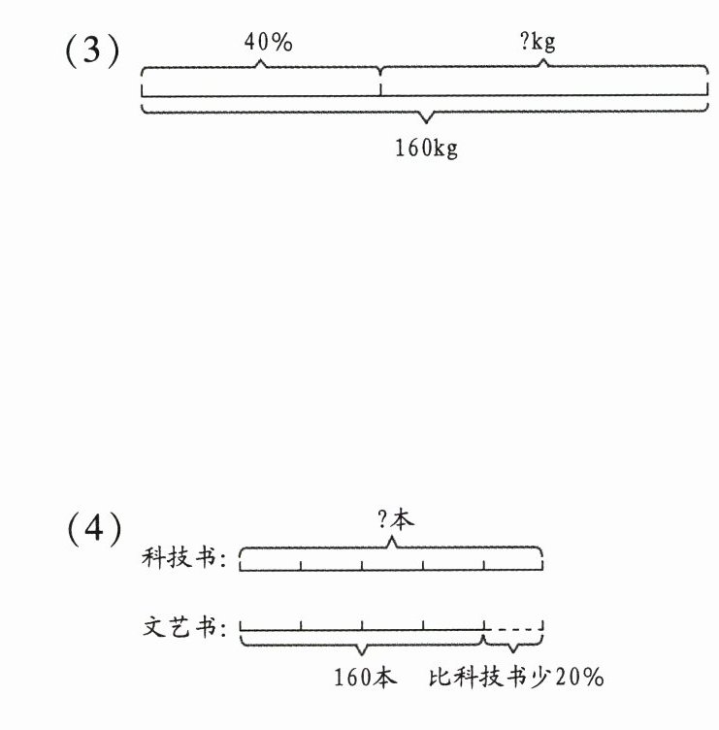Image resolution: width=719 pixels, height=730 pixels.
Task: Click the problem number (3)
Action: tap(92, 51)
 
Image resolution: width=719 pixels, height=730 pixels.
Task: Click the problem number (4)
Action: tap(93, 529)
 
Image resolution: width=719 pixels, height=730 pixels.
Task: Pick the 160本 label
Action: tap(366, 677)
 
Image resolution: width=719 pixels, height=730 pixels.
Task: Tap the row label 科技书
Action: tap(183, 559)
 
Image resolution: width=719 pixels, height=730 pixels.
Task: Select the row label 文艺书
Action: tap(183, 626)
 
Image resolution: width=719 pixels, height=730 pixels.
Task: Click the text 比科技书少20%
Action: tap(516, 677)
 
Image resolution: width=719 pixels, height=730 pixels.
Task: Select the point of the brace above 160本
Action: tap(362, 649)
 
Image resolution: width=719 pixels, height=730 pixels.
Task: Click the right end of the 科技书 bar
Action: tap(542, 563)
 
